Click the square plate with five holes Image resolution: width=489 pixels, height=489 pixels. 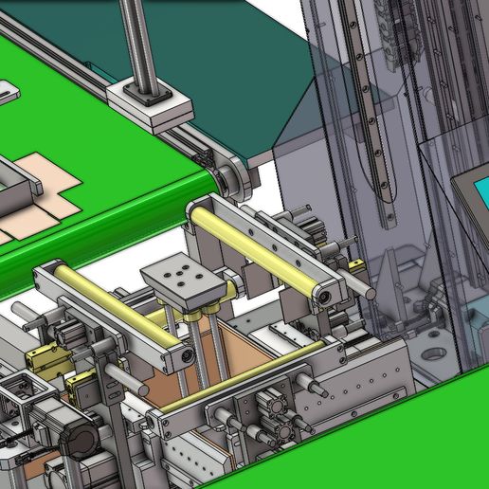(x=186, y=279)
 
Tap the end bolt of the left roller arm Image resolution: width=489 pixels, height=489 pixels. (x=187, y=356)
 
